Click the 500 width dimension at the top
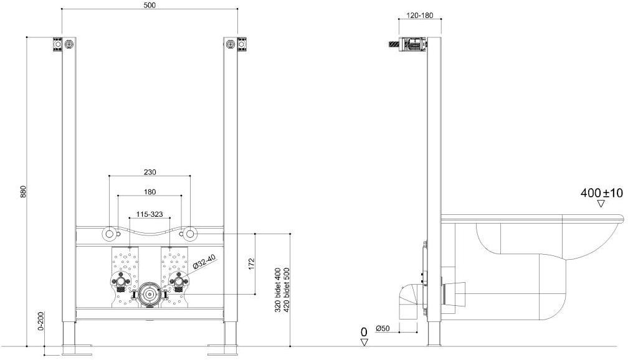tap(149, 5)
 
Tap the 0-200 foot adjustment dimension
tap(40, 321)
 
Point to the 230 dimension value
tap(150, 172)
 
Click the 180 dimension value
tap(150, 192)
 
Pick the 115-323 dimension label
tap(150, 215)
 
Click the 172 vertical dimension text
tap(252, 263)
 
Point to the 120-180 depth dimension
tap(420, 15)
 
